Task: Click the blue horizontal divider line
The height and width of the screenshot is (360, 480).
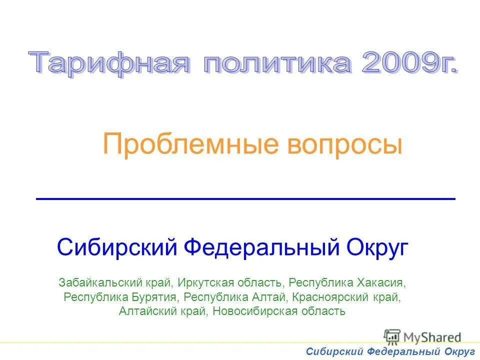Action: [x=245, y=199]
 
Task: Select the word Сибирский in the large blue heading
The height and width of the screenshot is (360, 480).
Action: [x=118, y=247]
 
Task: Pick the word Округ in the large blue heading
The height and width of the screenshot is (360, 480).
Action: [x=378, y=247]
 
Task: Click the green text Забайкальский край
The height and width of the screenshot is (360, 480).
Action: [x=116, y=282]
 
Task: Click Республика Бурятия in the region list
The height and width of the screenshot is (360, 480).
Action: [x=120, y=297]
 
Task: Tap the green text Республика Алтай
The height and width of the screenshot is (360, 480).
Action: [x=234, y=297]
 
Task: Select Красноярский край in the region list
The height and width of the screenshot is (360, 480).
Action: [x=345, y=297]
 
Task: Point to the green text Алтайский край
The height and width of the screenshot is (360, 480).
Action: [x=163, y=311]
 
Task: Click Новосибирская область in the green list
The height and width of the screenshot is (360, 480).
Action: [x=279, y=311]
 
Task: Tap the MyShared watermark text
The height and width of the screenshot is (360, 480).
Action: [x=432, y=337]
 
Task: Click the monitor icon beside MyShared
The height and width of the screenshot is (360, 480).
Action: [x=392, y=337]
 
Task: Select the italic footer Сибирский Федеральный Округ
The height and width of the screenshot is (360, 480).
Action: [x=390, y=352]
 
